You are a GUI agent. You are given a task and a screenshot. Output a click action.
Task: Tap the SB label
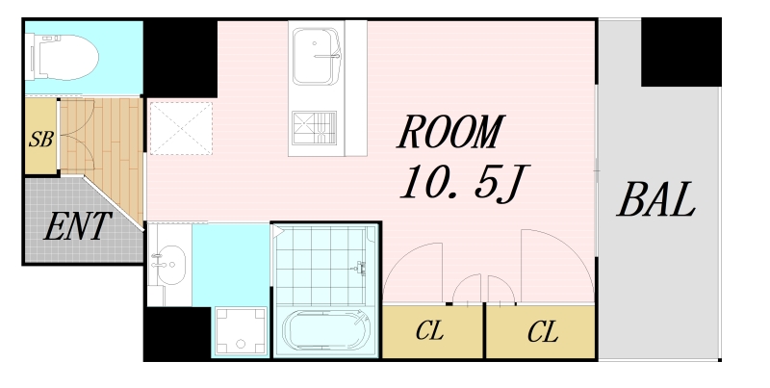tap(40, 139)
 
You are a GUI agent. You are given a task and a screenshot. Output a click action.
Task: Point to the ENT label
tap(78, 226)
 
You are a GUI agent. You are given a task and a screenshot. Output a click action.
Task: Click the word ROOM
tap(450, 131)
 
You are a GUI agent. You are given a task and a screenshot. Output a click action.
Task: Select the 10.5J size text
tap(464, 183)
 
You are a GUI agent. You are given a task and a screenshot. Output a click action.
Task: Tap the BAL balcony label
tap(656, 199)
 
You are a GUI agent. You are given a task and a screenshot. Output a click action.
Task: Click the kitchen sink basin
tap(316, 57)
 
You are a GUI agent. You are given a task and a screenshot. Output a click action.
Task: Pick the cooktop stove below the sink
tap(315, 129)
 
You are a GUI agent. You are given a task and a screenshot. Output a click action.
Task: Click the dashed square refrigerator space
tap(181, 128)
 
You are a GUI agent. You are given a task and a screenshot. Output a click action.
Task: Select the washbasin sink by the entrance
tap(168, 265)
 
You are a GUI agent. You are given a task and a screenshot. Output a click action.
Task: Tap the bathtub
tap(326, 330)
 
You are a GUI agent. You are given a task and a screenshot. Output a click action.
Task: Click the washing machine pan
tap(241, 331)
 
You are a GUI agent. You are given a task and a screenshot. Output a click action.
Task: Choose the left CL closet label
tap(429, 330)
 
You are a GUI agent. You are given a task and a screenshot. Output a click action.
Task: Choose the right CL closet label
tap(543, 332)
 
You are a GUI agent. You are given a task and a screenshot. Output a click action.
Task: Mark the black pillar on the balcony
tap(681, 52)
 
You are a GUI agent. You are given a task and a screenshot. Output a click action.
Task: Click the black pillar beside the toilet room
tap(180, 58)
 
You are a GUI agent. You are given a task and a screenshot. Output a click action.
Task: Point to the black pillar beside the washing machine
tap(178, 334)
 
